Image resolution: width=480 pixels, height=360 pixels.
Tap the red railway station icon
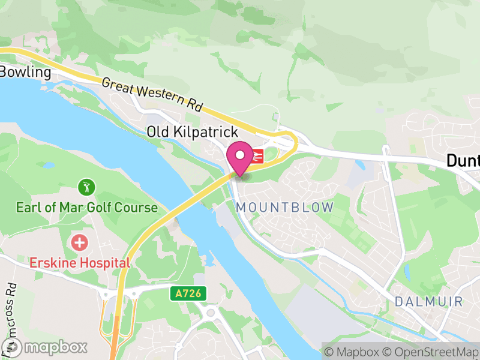[259, 155]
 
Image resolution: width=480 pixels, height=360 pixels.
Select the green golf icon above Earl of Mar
[88, 187]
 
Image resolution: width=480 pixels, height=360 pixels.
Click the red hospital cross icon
[79, 243]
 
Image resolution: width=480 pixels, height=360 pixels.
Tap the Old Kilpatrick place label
[193, 132]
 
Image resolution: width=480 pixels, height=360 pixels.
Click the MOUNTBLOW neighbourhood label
[285, 208]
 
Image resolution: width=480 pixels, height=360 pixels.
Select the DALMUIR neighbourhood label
[429, 301]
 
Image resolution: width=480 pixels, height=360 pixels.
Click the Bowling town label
[25, 72]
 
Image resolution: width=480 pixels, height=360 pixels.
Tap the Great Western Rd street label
[152, 95]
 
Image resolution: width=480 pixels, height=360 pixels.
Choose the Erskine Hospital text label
[80, 263]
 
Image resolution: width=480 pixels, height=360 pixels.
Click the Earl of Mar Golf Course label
[86, 208]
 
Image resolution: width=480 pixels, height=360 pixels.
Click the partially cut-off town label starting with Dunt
[463, 161]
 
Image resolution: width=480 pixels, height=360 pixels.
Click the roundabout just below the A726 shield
[211, 313]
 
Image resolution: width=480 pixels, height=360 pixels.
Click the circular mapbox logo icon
[12, 347]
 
